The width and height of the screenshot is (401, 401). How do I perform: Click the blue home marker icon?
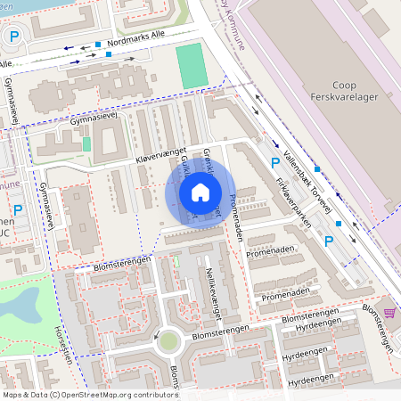tap(200, 192)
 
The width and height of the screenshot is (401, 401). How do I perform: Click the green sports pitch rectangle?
tap(189, 66)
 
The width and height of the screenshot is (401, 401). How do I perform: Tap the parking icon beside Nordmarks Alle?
tap(13, 37)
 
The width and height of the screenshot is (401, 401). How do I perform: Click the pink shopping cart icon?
tap(389, 313)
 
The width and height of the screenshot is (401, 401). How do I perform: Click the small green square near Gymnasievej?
tap(86, 143)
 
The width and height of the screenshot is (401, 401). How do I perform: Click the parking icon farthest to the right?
tap(329, 241)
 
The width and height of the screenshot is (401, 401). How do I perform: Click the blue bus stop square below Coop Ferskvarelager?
tap(316, 168)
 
